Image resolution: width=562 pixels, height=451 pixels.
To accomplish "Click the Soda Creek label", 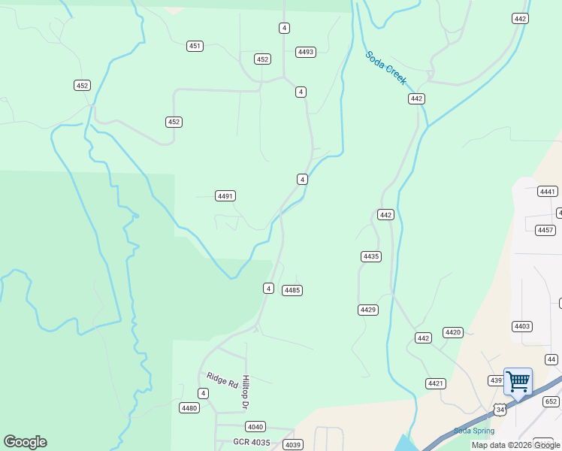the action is pos(385,68).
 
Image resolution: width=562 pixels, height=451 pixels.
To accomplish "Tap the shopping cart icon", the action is pos(518,381).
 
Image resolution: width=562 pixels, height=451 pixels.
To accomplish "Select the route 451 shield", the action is pos(195,46).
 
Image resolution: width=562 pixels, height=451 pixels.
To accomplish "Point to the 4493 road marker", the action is pos(306,52).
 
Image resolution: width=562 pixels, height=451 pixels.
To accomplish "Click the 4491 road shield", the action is pos(225,195).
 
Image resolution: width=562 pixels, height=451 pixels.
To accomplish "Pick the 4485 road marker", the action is pos(292,290).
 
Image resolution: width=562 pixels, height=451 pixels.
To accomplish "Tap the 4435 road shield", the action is pos(371,256).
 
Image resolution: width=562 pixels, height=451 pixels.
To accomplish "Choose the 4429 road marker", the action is pos(368,310).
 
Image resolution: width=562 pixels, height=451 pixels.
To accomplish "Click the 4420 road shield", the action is pos(453,332).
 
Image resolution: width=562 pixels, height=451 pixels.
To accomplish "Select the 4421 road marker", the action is pos(436,383).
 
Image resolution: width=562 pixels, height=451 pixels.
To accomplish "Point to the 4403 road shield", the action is pos(522,326).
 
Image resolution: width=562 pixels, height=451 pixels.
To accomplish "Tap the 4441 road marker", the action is pos(548,192).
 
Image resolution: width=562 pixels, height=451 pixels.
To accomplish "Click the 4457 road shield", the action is pos(545,230).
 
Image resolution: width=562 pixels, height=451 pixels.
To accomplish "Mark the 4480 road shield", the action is pos(189,408).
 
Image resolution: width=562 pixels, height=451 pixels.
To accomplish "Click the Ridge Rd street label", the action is pos(222,380).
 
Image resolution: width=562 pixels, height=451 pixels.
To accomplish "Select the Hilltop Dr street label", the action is pos(245,392).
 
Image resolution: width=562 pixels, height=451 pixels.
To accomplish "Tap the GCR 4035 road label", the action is pos(251,442).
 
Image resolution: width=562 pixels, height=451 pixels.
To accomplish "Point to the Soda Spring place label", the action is pos(474,431).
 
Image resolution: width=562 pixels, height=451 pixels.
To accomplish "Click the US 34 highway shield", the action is pos(500,409).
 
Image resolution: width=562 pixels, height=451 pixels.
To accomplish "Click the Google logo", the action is pos(25,442).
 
